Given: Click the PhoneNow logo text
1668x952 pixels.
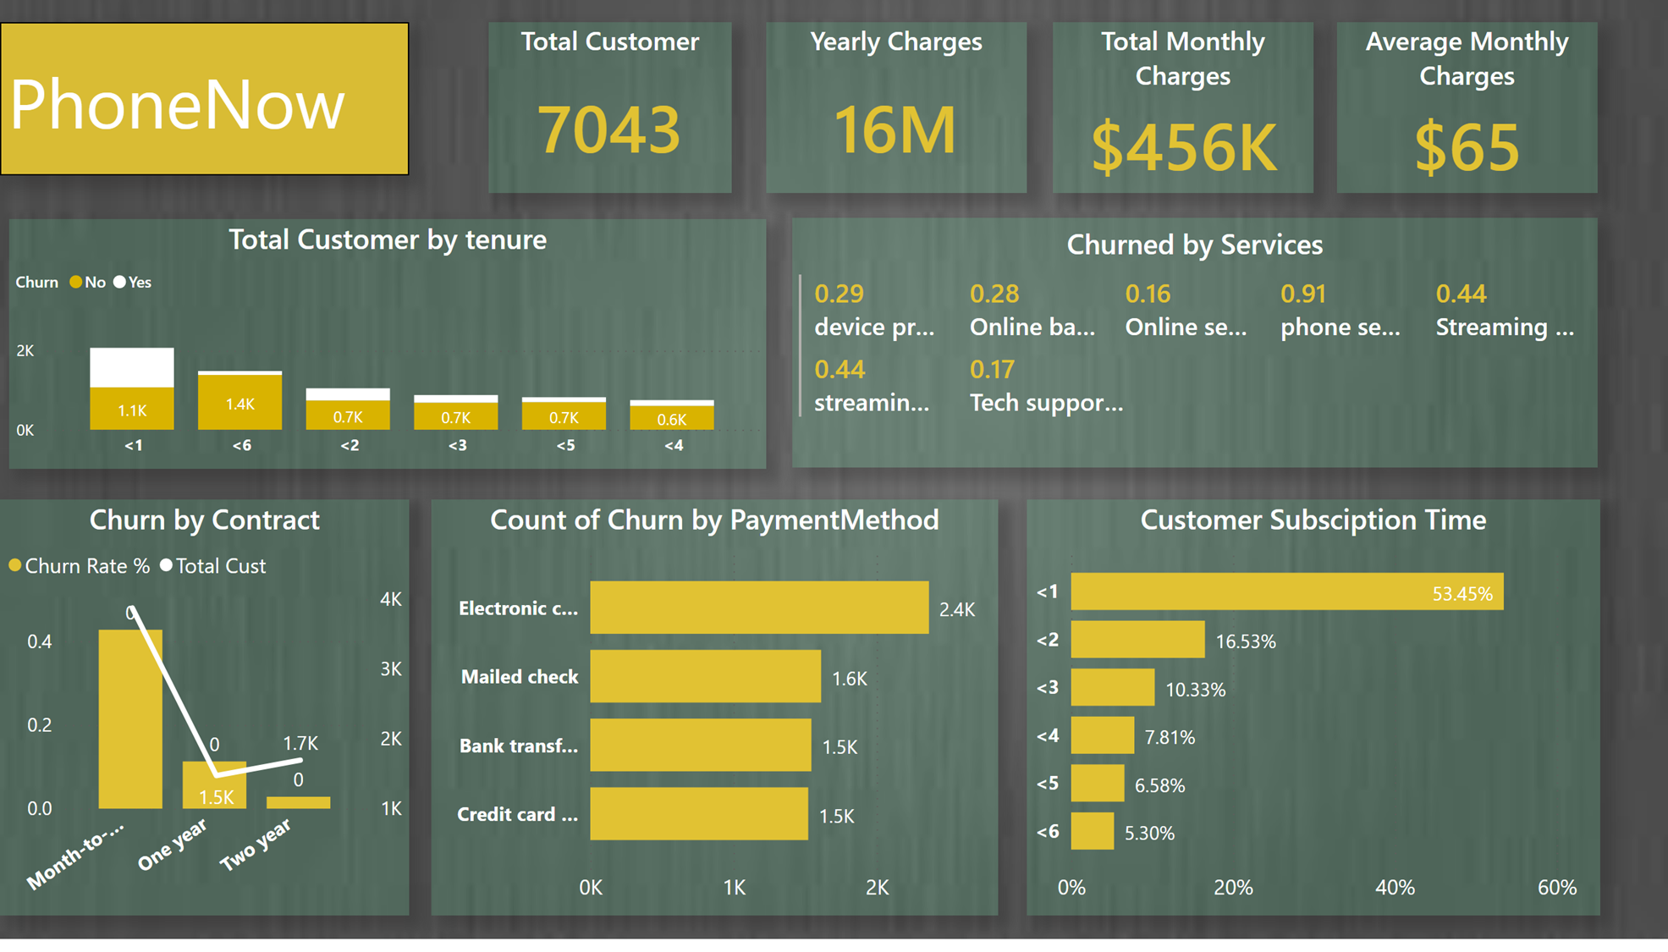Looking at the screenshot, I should [177, 105].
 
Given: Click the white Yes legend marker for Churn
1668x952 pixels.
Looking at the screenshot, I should [120, 283].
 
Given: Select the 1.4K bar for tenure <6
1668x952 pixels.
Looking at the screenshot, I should [239, 403].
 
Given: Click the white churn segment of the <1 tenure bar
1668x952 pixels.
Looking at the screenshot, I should [132, 367].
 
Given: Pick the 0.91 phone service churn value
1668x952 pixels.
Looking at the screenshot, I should [1302, 294].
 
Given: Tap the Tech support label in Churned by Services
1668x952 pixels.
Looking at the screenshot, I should [1046, 403].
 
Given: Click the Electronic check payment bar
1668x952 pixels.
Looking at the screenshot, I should [758, 608].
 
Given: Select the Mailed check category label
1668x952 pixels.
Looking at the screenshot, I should [519, 677].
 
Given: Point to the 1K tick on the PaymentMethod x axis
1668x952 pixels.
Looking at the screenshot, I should [734, 887].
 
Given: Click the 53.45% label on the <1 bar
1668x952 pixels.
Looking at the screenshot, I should [1462, 594].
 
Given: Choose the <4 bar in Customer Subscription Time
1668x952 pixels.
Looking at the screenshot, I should [1102, 736].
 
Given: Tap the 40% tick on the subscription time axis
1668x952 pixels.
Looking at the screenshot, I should [1394, 887].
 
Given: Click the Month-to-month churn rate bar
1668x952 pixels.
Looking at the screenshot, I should [129, 719].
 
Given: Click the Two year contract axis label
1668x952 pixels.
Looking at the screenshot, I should [256, 845].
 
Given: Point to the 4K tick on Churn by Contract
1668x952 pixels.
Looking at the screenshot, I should [390, 599].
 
